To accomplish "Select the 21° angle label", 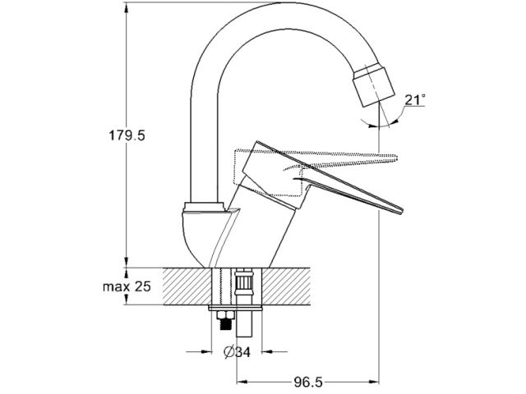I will click(415, 99).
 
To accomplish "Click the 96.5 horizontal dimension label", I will click(308, 383).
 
